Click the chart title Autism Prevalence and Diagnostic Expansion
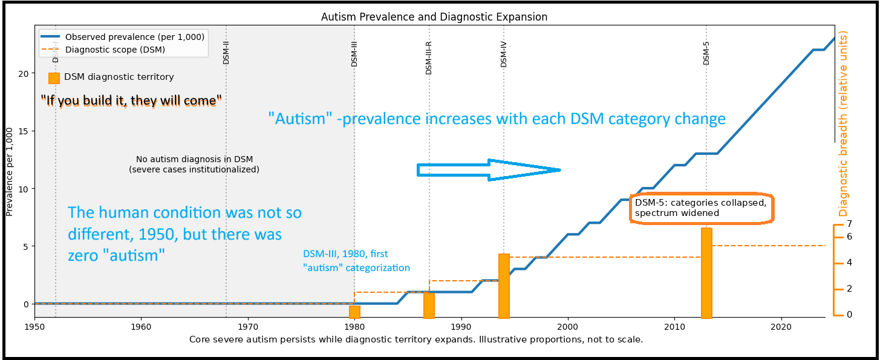(434, 17)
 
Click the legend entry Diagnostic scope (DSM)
(115, 50)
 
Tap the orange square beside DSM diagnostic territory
(54, 77)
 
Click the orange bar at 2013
(706, 272)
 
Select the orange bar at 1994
(504, 286)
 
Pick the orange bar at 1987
(429, 305)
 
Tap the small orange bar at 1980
(354, 312)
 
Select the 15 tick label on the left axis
(24, 131)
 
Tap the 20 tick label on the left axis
(24, 74)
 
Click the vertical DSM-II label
(226, 53)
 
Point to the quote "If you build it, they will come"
(131, 101)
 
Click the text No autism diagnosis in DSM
(194, 159)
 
